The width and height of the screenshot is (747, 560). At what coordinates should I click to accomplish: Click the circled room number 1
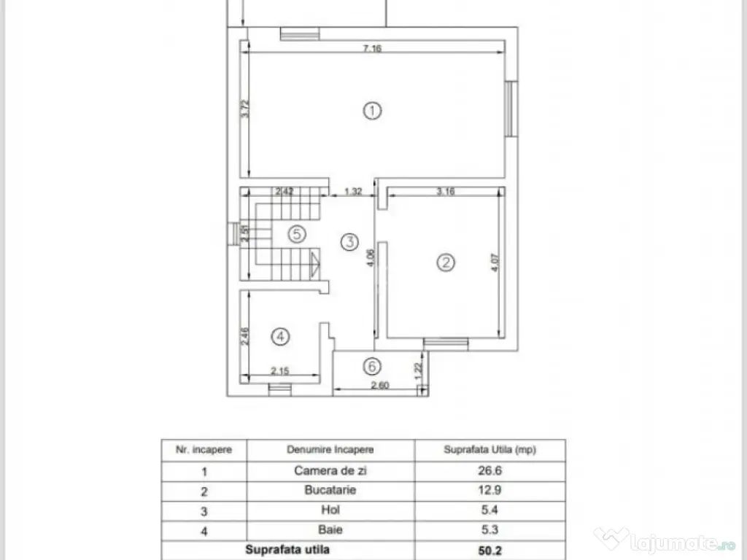(373, 112)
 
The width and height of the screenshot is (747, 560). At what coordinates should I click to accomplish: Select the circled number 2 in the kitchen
(445, 262)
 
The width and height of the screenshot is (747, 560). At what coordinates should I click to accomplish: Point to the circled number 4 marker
(280, 336)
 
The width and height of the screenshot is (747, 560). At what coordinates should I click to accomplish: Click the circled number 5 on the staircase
(295, 234)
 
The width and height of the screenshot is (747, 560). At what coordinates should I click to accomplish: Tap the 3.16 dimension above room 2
(445, 192)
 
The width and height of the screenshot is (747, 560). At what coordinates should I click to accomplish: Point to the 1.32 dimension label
(353, 192)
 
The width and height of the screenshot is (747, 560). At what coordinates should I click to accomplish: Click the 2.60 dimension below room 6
(379, 386)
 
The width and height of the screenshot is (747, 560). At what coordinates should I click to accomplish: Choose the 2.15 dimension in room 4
(281, 371)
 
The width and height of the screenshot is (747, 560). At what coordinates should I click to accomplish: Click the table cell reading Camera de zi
(330, 471)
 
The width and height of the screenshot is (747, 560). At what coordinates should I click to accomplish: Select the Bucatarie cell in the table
(330, 490)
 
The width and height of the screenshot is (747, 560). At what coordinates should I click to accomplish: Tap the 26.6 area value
(489, 471)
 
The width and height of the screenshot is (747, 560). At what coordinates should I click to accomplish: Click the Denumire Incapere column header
(330, 450)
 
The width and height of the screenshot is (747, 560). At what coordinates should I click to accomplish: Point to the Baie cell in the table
(330, 530)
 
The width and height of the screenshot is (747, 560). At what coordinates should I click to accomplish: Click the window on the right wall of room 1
(512, 109)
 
